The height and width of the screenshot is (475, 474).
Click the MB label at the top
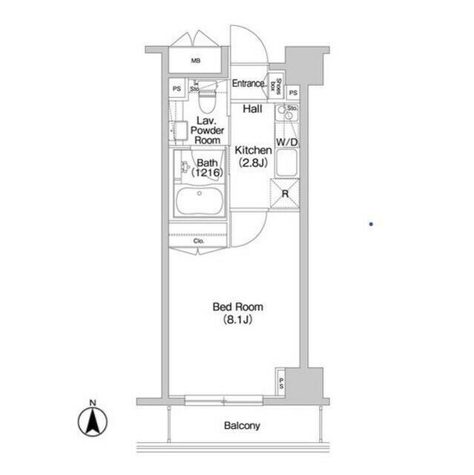[x=196, y=62]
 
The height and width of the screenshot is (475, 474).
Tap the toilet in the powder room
[x=208, y=96]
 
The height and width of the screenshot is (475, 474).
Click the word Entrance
[x=248, y=84]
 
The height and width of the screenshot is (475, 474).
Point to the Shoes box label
[x=277, y=85]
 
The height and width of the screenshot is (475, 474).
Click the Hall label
[x=252, y=109]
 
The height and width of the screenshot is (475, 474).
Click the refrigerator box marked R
[x=285, y=194]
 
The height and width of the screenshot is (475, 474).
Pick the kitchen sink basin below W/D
[x=286, y=164]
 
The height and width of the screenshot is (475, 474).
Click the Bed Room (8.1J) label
[x=237, y=313]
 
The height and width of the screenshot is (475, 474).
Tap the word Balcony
[x=242, y=426]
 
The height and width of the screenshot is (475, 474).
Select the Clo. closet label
[x=199, y=240]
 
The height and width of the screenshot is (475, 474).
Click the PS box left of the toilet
[x=177, y=89]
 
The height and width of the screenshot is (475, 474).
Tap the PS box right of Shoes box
[x=293, y=92]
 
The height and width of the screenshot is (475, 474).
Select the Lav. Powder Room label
[x=206, y=129]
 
